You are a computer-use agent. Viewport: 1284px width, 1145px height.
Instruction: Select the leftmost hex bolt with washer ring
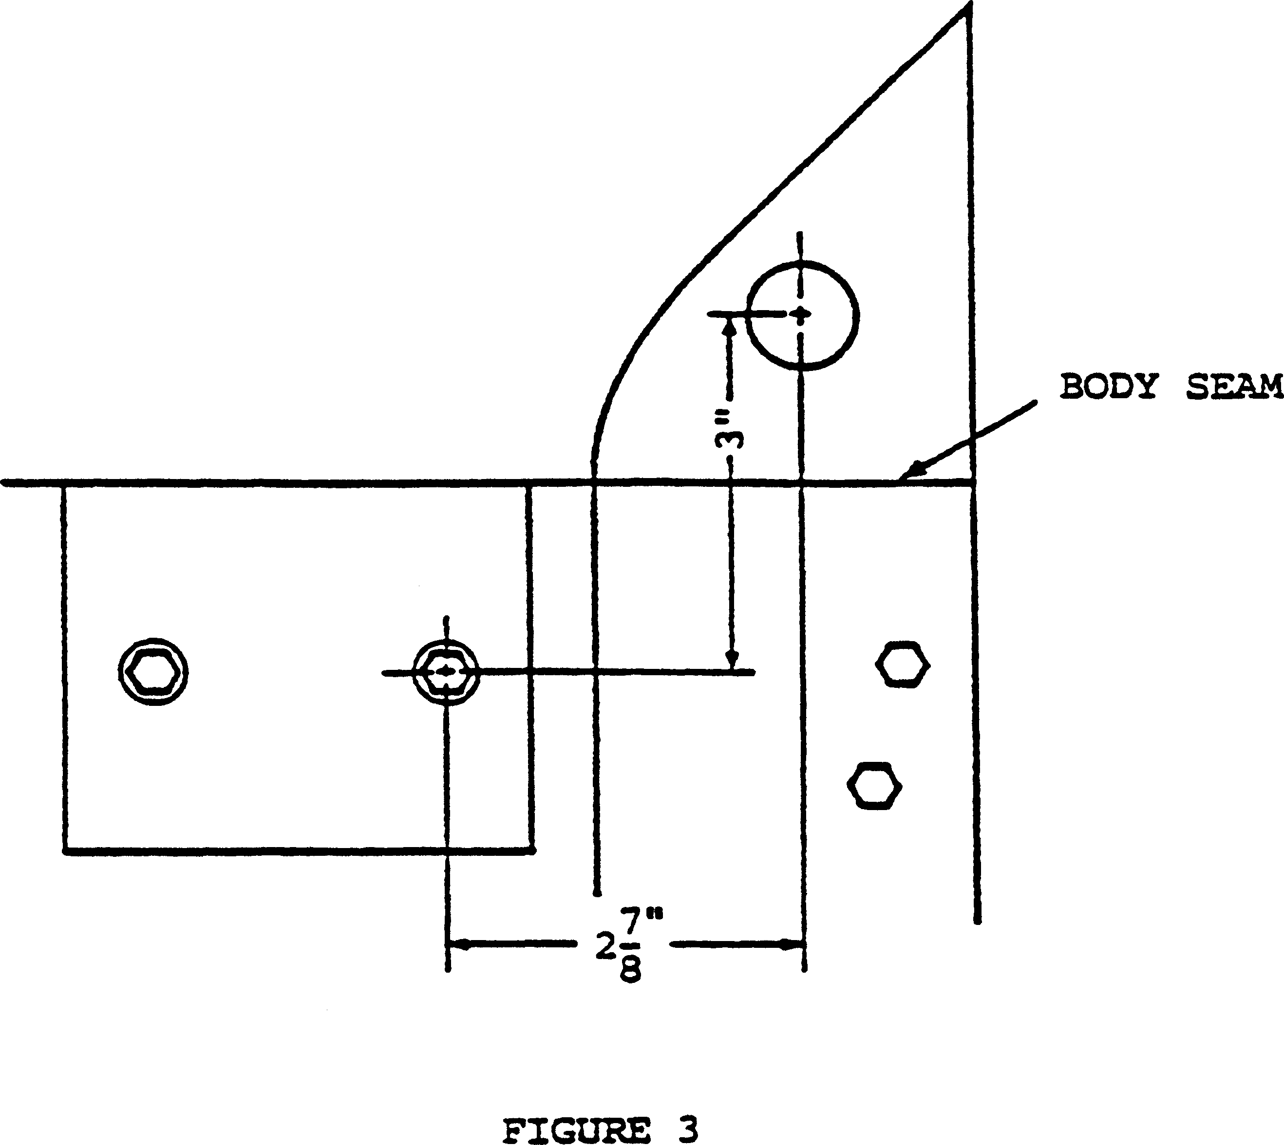[153, 672]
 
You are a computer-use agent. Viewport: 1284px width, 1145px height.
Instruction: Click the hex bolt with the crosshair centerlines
[446, 672]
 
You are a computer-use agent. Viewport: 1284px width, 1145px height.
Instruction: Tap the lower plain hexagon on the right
[875, 786]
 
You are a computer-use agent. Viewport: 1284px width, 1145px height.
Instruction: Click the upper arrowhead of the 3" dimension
[730, 327]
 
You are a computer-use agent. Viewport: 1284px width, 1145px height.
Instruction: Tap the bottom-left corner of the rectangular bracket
[65, 851]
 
